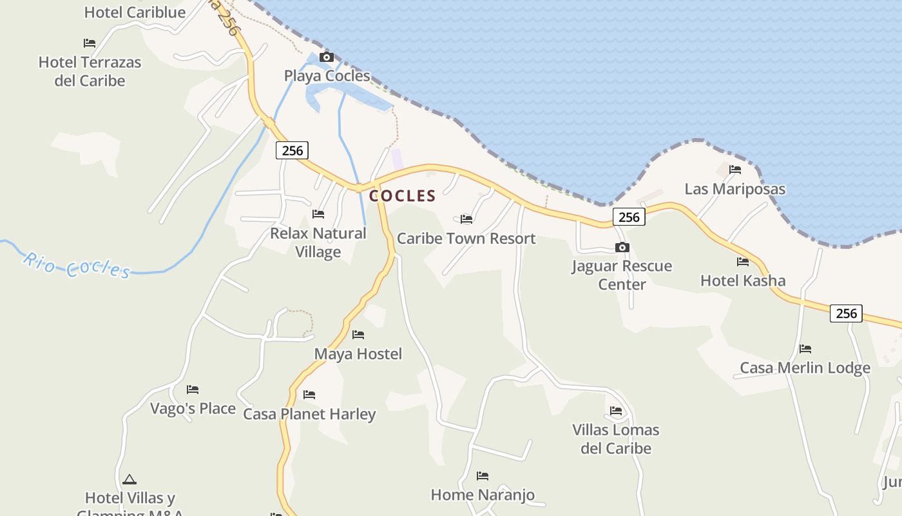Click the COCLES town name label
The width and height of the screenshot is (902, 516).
click(x=402, y=195)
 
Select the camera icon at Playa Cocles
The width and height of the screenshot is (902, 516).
click(x=327, y=57)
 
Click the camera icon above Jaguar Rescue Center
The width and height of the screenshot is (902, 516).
click(x=622, y=248)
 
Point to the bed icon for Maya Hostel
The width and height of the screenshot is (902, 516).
click(x=358, y=335)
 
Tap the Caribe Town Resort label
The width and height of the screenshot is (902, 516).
click(x=466, y=239)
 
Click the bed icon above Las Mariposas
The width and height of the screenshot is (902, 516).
click(x=735, y=170)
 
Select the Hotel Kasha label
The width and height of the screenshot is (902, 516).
click(x=743, y=281)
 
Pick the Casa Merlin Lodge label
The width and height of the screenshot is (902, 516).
click(x=805, y=368)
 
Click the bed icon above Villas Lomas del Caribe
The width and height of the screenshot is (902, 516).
click(x=616, y=411)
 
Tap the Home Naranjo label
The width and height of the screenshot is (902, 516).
click(x=483, y=495)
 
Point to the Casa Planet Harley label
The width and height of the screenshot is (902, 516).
click(x=309, y=414)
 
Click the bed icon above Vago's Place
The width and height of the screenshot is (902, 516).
click(x=193, y=390)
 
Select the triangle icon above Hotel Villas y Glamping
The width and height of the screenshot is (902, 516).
click(x=130, y=480)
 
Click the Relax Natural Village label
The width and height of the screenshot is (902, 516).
click(x=318, y=243)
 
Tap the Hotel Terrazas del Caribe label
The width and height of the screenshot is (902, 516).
click(x=90, y=72)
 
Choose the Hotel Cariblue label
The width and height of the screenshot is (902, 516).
click(x=135, y=12)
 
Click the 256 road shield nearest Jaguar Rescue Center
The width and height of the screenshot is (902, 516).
click(x=629, y=217)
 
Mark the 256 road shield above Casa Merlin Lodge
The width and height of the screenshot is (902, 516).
click(x=846, y=313)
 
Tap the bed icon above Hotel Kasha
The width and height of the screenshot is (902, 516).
click(x=743, y=262)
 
